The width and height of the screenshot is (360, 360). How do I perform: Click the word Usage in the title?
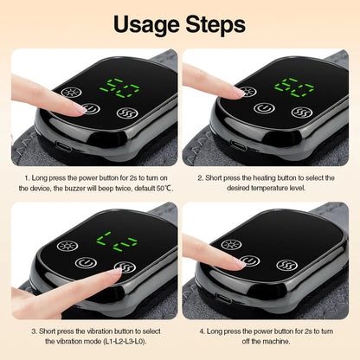coord(138,23)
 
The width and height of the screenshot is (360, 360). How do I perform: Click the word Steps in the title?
coord(217,23)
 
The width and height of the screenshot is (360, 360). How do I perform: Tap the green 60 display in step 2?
coord(293,87)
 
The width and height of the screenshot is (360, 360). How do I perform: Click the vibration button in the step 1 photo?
coord(126,112)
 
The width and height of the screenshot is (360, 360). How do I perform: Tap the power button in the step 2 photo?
coord(266,109)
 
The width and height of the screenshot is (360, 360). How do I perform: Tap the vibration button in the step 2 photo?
coord(300,112)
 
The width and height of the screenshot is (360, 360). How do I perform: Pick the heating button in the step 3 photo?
coord(66,246)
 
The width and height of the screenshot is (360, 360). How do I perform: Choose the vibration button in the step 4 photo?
coord(283,265)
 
